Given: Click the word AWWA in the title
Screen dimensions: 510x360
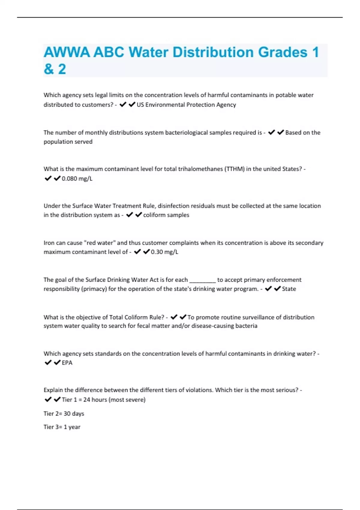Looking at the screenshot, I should point(67,52).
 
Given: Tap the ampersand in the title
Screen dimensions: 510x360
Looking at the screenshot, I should point(48,69).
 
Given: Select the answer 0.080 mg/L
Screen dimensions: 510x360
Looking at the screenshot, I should point(77,179).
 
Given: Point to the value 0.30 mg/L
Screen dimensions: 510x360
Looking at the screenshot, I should point(164,252).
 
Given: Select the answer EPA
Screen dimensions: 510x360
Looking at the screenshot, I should point(67,363).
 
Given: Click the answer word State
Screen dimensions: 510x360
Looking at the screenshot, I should point(289,289).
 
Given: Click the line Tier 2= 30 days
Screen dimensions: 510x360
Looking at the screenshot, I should point(64,414).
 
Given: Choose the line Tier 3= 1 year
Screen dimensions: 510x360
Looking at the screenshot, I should point(62,427).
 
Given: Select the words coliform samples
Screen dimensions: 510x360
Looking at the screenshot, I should point(166,215).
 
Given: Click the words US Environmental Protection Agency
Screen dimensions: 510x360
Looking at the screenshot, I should point(186,105).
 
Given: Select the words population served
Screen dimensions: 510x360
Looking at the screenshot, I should point(68,142).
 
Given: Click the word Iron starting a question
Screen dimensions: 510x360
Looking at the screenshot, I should point(49,243).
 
